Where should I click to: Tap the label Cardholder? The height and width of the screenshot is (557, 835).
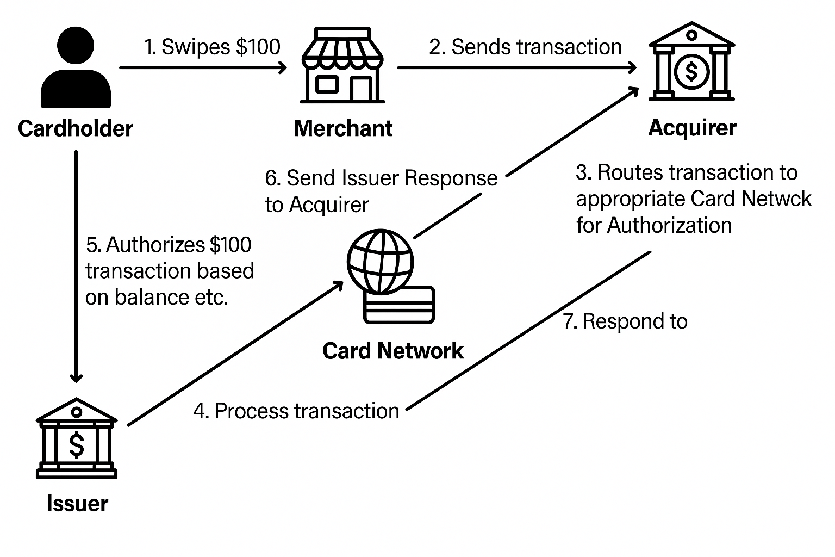click(76, 129)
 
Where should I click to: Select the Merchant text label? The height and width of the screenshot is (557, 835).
click(343, 128)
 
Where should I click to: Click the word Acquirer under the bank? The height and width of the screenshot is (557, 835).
click(692, 128)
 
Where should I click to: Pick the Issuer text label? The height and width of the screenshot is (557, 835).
click(77, 504)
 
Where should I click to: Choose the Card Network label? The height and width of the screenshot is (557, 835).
click(393, 351)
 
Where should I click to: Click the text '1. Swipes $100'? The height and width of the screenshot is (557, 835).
click(212, 47)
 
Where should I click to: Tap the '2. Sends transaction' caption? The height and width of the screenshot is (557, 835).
click(525, 47)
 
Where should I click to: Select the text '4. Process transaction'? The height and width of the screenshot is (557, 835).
click(296, 411)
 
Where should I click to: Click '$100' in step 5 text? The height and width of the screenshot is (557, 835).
click(230, 245)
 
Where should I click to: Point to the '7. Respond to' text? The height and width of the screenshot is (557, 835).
click(625, 321)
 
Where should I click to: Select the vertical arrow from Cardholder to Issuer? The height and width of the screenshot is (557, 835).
click(76, 267)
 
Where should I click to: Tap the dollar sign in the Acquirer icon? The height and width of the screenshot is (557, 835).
click(691, 71)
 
